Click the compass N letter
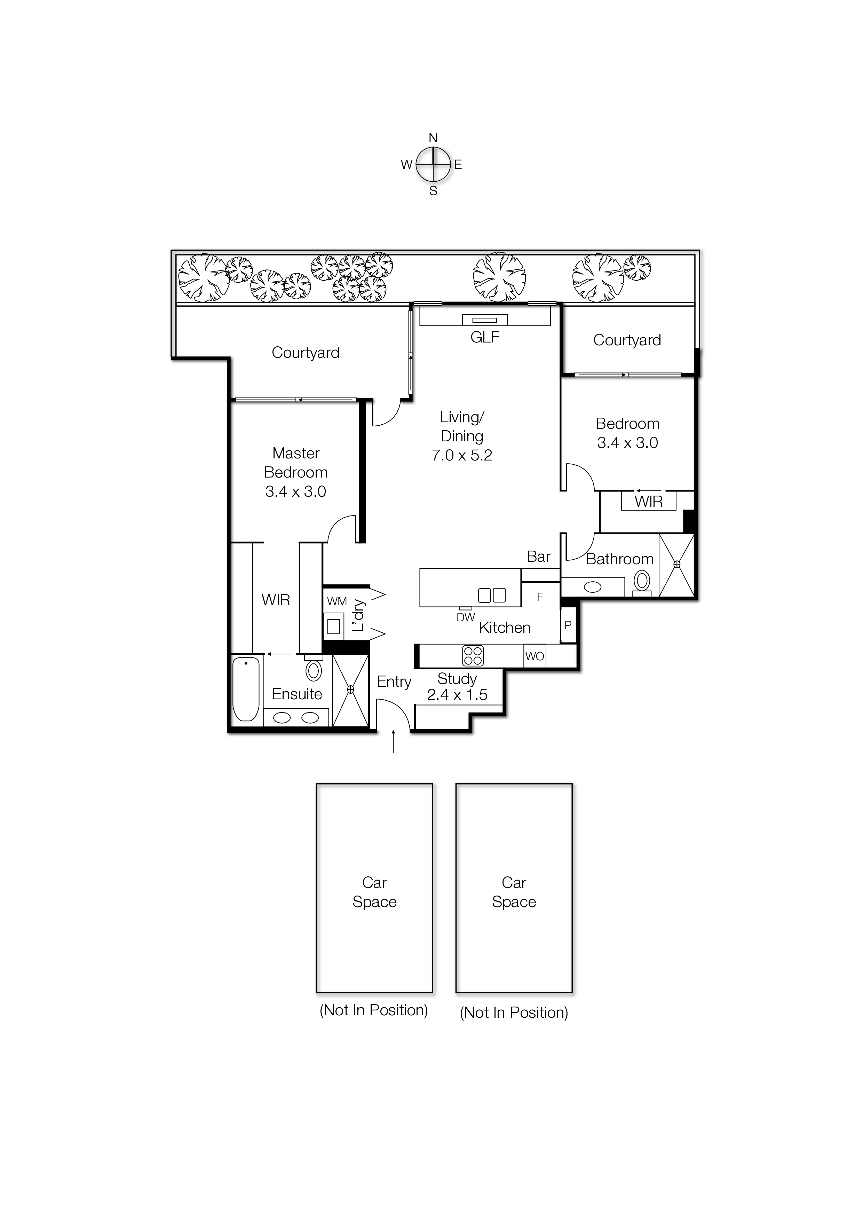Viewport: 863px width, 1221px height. pyautogui.click(x=433, y=138)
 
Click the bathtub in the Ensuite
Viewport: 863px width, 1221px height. pyautogui.click(x=246, y=689)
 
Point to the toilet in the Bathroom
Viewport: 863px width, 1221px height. pyautogui.click(x=642, y=582)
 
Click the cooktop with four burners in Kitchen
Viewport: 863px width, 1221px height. pyautogui.click(x=473, y=656)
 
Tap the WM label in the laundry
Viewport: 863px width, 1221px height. pyautogui.click(x=337, y=601)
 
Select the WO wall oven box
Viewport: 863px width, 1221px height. pyautogui.click(x=535, y=656)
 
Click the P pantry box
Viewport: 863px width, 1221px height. pyautogui.click(x=568, y=625)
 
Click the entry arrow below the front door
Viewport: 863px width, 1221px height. pyautogui.click(x=394, y=742)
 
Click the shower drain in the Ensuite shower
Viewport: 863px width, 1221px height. pyautogui.click(x=350, y=689)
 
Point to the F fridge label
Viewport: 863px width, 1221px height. pyautogui.click(x=540, y=597)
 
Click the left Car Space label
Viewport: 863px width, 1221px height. pyautogui.click(x=374, y=892)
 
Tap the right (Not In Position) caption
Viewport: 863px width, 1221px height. pyautogui.click(x=514, y=1013)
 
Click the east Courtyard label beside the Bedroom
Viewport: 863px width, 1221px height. pyautogui.click(x=627, y=340)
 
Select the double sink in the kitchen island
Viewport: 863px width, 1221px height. pyautogui.click(x=491, y=595)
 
